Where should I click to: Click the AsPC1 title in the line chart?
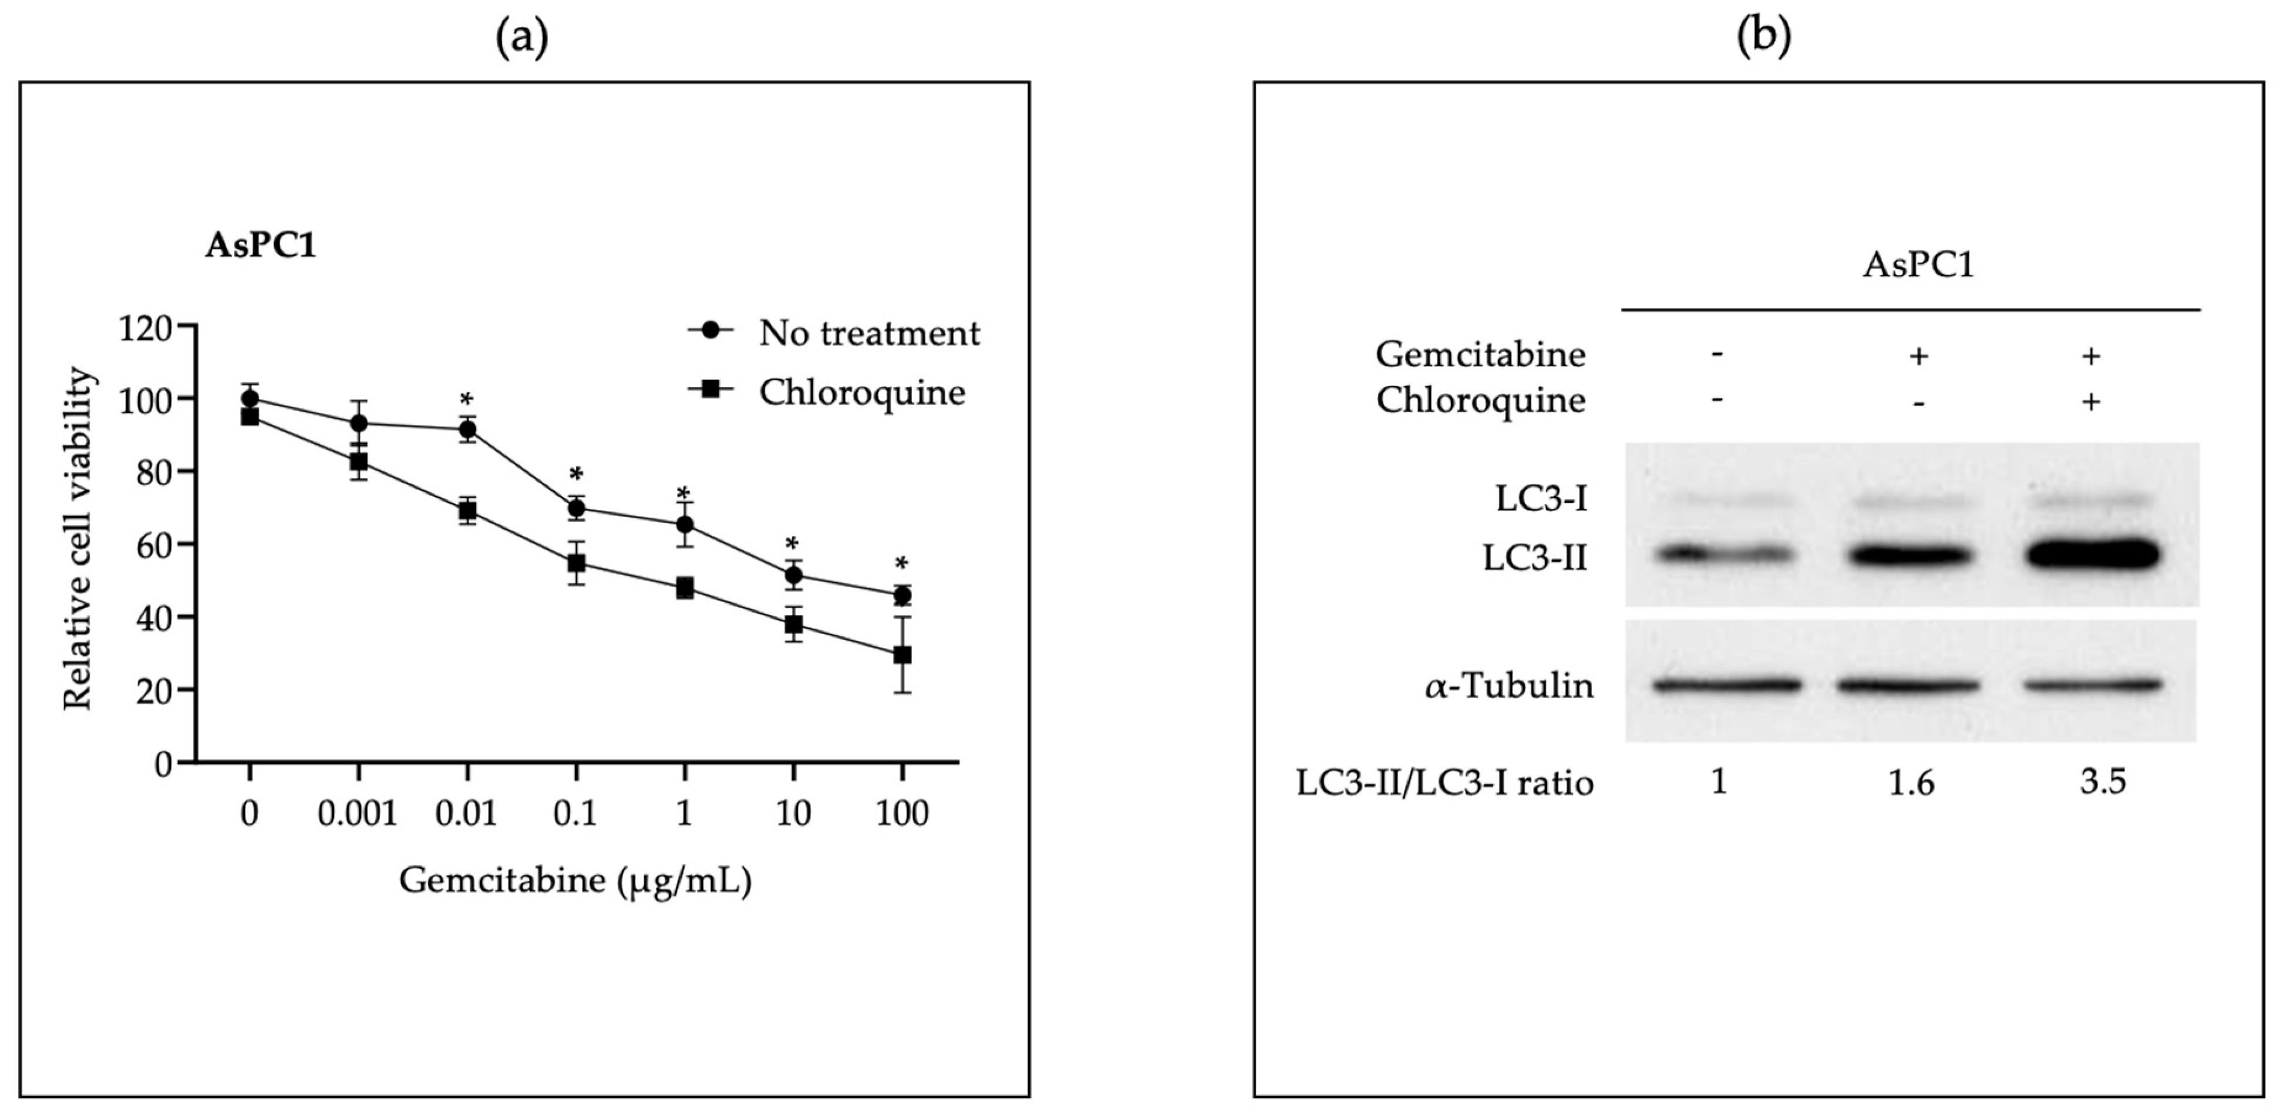point(261,246)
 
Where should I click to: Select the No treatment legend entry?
point(868,333)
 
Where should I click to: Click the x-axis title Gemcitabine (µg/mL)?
point(575,881)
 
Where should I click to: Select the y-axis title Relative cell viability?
point(78,538)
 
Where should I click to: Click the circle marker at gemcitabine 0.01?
point(467,431)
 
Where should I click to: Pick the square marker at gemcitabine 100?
point(902,655)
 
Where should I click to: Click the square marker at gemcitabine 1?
point(684,588)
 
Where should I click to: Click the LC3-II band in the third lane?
point(2092,555)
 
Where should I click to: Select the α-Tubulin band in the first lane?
point(1726,684)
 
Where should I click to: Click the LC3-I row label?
point(1541,499)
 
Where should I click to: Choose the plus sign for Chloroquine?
point(2090,402)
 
